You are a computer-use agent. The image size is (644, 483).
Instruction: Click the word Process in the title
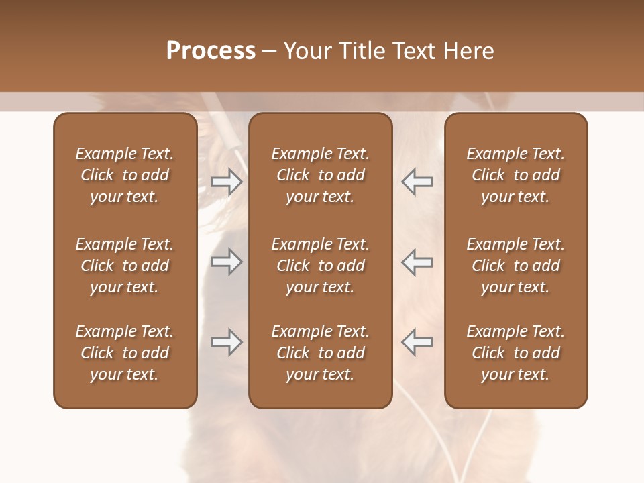211,51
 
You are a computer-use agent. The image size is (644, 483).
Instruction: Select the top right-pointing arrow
227,181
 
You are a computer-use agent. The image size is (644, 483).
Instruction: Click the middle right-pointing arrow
227,262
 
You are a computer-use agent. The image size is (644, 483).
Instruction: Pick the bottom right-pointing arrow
227,342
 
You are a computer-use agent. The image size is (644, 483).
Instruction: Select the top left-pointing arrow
417,181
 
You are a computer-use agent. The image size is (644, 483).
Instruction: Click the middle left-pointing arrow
417,262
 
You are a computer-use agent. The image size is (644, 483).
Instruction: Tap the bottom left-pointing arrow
417,342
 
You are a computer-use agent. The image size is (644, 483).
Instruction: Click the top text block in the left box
125,175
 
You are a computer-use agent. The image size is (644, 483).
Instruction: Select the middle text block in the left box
125,266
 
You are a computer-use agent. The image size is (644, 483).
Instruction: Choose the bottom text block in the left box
125,353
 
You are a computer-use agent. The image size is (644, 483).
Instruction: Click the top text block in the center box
321,175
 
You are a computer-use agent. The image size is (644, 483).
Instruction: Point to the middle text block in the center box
321,266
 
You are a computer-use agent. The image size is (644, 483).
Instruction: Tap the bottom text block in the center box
321,353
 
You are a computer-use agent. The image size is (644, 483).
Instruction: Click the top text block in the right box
516,175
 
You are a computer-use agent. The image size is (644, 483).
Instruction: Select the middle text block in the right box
516,266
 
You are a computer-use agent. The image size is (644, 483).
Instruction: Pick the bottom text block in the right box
516,353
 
